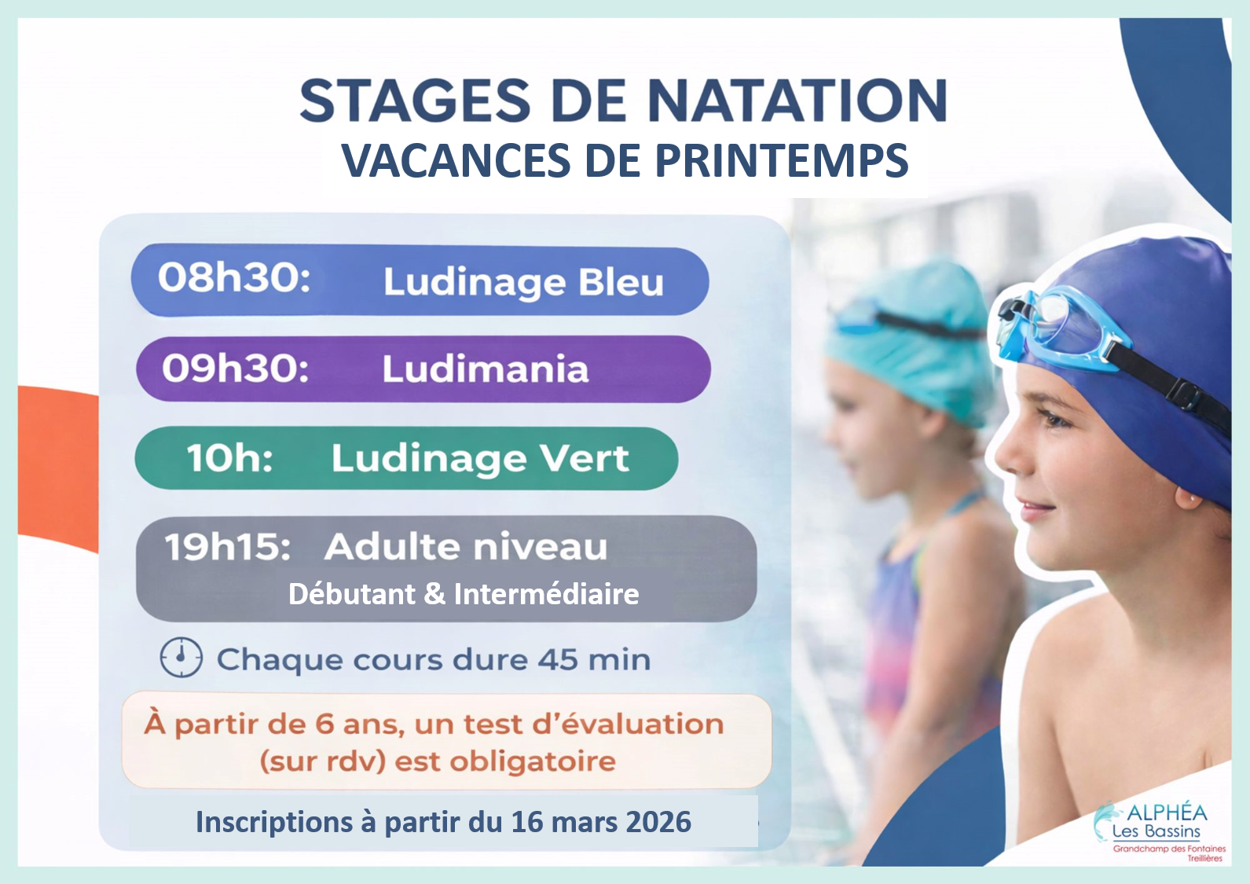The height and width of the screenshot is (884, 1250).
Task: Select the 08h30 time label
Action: click(234, 277)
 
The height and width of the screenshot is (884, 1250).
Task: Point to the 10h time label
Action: click(229, 458)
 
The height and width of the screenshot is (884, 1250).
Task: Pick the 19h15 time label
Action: click(227, 546)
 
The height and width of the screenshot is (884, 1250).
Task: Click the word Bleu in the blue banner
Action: click(621, 282)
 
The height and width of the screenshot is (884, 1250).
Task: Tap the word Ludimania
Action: click(485, 369)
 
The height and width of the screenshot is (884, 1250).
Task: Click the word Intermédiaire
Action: click(546, 594)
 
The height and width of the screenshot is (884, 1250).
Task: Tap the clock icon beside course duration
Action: click(181, 658)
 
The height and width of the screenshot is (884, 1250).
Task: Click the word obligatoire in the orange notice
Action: click(533, 761)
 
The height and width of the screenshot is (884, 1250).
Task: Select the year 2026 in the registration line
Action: click(658, 822)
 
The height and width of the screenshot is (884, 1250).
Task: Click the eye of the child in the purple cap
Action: click(1058, 419)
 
